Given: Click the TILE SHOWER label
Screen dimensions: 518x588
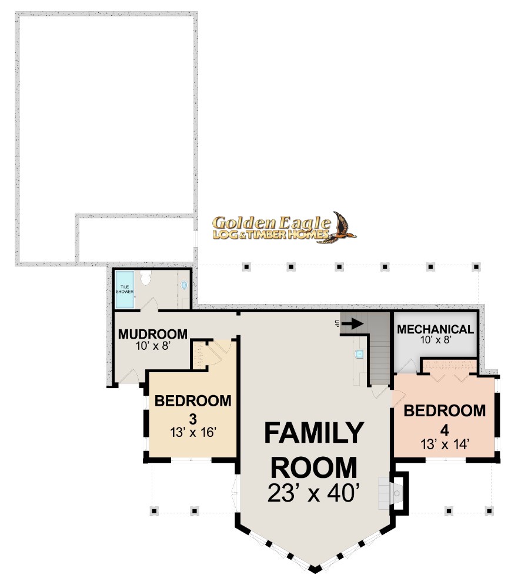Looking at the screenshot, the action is click(x=125, y=289).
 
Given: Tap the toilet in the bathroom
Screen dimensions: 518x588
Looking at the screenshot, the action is click(x=145, y=278).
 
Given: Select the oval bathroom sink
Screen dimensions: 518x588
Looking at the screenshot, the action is click(x=184, y=285).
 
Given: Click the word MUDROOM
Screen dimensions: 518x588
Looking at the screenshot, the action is click(x=153, y=334).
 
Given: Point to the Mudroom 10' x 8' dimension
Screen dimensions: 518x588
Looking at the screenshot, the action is click(x=153, y=345).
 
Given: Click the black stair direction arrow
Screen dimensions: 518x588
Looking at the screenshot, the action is click(x=352, y=323).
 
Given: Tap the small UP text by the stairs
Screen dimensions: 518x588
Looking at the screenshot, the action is click(x=337, y=323).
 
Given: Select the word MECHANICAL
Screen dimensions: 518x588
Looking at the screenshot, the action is click(x=436, y=329).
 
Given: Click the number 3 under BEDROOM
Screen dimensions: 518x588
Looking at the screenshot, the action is click(x=193, y=417).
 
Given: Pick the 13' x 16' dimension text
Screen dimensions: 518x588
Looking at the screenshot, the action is click(x=193, y=432).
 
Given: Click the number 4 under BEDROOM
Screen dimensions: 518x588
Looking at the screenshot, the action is click(x=445, y=430).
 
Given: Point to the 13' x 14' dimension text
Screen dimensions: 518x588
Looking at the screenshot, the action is click(x=445, y=445).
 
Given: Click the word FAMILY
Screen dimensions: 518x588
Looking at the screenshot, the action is click(x=314, y=433).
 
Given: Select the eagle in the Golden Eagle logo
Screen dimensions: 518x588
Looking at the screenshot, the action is click(x=339, y=228).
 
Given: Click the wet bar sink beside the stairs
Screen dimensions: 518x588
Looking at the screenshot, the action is click(x=359, y=353).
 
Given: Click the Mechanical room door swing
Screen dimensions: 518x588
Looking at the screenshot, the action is click(x=408, y=366).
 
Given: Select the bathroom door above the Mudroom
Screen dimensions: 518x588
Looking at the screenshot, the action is click(x=150, y=305).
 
